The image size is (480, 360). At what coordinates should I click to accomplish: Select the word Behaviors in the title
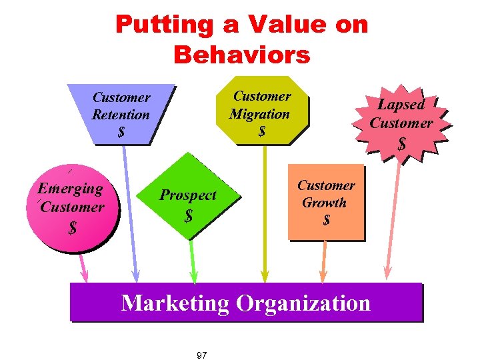point(241,55)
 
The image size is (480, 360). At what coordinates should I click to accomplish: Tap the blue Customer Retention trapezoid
point(121,113)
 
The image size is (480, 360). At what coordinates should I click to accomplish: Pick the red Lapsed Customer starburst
point(401,123)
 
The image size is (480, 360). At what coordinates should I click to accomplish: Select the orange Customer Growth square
point(326,201)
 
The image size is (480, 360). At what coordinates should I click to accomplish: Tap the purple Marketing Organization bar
point(246,303)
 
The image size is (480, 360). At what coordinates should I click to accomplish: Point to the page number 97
point(202,355)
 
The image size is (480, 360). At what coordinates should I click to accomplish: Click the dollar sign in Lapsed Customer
point(401,143)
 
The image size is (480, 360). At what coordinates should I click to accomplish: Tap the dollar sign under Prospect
point(189,216)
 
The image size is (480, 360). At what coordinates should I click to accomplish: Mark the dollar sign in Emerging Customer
point(72,228)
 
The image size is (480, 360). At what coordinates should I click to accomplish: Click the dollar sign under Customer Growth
point(326,219)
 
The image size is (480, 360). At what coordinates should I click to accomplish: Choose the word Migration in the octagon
point(260,114)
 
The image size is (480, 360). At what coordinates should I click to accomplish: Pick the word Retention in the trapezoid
point(121,115)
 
